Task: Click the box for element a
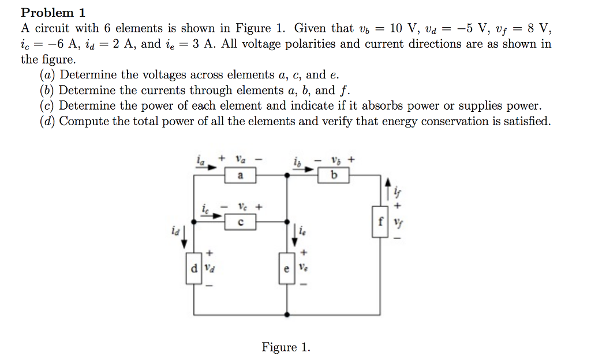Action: (240, 176)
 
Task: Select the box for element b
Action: (334, 176)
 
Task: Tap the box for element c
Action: (240, 222)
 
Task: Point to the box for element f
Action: (380, 222)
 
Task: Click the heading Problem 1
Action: (47, 12)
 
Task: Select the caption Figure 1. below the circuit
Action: (286, 347)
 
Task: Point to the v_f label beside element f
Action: (398, 222)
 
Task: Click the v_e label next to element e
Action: (305, 268)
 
